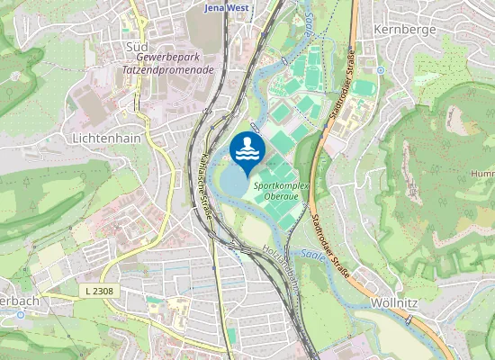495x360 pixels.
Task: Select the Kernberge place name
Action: pyautogui.click(x=409, y=29)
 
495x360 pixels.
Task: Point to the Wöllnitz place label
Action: pyautogui.click(x=394, y=304)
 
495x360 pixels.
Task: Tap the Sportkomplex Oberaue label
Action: pyautogui.click(x=282, y=190)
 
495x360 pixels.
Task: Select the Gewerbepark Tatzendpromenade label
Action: pyautogui.click(x=168, y=61)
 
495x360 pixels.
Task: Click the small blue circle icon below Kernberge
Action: pyautogui.click(x=382, y=69)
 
